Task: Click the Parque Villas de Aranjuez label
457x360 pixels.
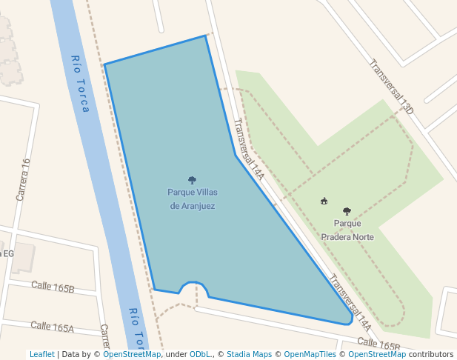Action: pyautogui.click(x=193, y=199)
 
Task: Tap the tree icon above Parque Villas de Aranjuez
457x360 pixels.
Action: pyautogui.click(x=192, y=180)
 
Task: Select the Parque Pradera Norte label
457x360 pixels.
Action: pyautogui.click(x=347, y=230)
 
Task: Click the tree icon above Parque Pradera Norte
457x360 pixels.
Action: pyautogui.click(x=347, y=211)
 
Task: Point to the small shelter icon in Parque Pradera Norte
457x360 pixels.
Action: pyautogui.click(x=324, y=201)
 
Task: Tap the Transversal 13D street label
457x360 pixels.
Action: pyautogui.click(x=391, y=86)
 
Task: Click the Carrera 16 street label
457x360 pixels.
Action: pyautogui.click(x=23, y=179)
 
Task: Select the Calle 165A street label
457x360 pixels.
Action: pyautogui.click(x=53, y=327)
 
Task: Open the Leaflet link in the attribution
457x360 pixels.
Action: pyautogui.click(x=41, y=354)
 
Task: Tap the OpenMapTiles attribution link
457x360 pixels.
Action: pyautogui.click(x=313, y=354)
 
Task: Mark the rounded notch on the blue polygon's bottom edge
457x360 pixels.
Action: pyautogui.click(x=193, y=284)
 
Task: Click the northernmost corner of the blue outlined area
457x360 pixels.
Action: pyautogui.click(x=205, y=36)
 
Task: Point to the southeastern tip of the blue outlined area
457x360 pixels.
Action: pyautogui.click(x=350, y=321)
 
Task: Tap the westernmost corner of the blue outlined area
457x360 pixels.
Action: pyautogui.click(x=104, y=64)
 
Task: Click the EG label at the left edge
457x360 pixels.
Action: pyautogui.click(x=8, y=253)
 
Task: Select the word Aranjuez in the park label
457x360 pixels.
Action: pyautogui.click(x=193, y=206)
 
